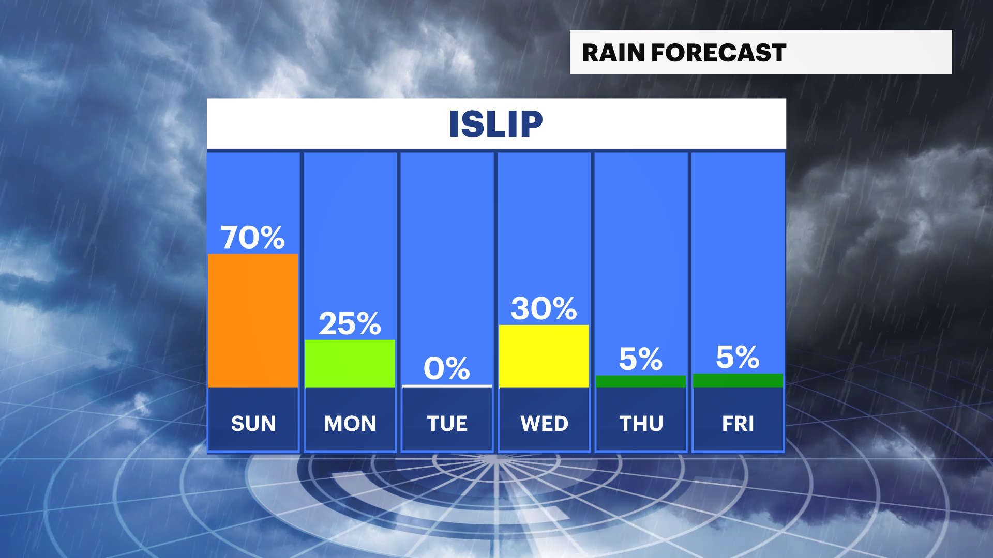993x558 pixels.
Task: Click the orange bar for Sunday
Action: [x=253, y=320]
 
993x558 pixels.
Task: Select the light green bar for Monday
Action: [x=350, y=363]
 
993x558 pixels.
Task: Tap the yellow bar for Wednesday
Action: [x=544, y=356]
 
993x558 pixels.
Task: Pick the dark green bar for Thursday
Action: [x=641, y=381]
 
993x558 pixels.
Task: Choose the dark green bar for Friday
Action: [x=738, y=380]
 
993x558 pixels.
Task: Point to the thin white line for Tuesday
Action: [x=447, y=386]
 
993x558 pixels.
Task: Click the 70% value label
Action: [x=253, y=237]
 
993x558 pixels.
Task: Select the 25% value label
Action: [x=350, y=323]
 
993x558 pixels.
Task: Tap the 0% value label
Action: [x=447, y=368]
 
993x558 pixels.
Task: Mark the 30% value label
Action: [x=544, y=308]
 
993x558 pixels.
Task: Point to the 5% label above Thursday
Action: [x=641, y=359]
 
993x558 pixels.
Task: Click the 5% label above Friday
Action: [x=738, y=357]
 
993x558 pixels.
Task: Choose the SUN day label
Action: [x=253, y=424]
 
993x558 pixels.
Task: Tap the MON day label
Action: [x=350, y=424]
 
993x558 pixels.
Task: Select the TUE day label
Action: [x=447, y=424]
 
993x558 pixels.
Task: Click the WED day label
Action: [x=544, y=424]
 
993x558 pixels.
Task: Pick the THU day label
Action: [x=641, y=424]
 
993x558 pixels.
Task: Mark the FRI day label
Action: [x=738, y=424]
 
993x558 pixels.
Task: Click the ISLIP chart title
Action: [x=496, y=124]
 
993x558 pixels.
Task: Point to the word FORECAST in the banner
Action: [x=719, y=53]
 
